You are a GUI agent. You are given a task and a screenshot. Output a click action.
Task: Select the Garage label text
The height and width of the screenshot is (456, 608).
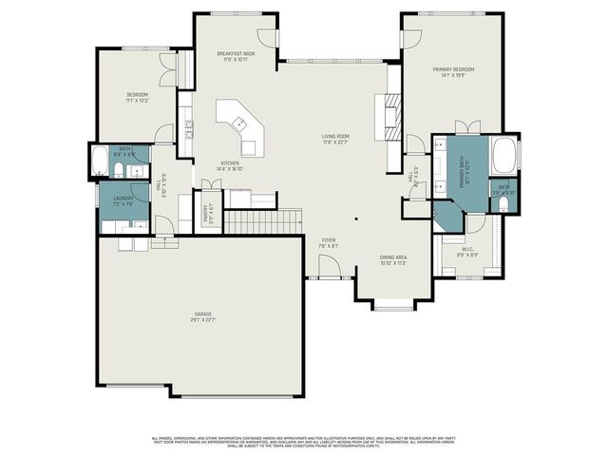pyautogui.click(x=202, y=317)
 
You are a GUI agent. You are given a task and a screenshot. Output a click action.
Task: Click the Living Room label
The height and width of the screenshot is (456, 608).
pyautogui.click(x=334, y=140)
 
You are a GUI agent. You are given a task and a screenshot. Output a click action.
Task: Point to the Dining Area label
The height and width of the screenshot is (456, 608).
pyautogui.click(x=393, y=260)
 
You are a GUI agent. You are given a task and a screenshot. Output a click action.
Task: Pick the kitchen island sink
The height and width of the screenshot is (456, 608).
pyautogui.click(x=241, y=123)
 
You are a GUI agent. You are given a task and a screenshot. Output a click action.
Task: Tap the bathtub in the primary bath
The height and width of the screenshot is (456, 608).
pyautogui.click(x=503, y=154)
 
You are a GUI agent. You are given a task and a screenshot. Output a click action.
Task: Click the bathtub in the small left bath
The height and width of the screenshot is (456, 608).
pyautogui.click(x=100, y=163)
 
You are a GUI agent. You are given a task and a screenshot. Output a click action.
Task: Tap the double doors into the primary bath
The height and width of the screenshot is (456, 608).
pyautogui.click(x=464, y=127)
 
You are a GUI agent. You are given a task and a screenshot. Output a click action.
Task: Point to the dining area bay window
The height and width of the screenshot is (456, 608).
pyautogui.click(x=393, y=306)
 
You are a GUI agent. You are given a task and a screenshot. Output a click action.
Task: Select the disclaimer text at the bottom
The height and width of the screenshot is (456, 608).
pyautogui.click(x=304, y=442)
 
